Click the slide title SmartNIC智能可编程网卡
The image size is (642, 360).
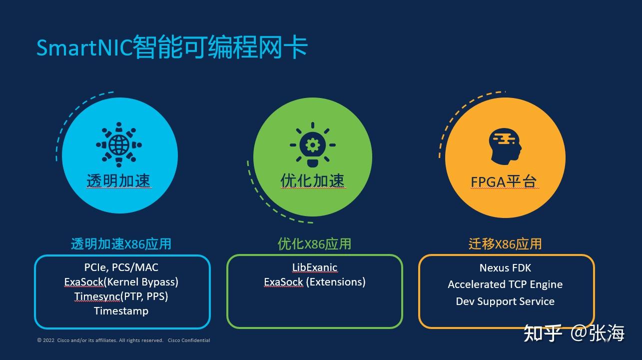(172, 47)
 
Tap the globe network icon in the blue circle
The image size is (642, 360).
(119, 144)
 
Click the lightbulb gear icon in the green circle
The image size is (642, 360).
(312, 145)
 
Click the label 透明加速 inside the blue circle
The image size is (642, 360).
(118, 180)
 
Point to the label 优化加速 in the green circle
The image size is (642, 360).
(312, 180)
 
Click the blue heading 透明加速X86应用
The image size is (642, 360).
(121, 244)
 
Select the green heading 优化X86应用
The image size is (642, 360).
(314, 244)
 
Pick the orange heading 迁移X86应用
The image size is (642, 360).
(505, 244)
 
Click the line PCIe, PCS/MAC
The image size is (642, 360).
(121, 267)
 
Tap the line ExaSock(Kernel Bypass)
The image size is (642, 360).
(121, 282)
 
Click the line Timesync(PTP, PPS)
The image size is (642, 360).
(121, 296)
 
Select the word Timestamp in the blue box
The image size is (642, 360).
(121, 311)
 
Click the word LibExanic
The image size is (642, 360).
(314, 267)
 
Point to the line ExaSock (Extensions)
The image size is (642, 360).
(314, 282)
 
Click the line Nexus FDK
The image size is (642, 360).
(505, 268)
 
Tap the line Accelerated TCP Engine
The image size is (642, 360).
(505, 284)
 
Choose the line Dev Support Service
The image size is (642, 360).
(505, 301)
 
